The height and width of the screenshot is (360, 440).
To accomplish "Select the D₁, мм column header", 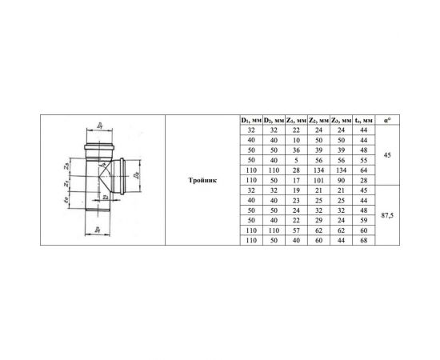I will pos(250,120).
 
